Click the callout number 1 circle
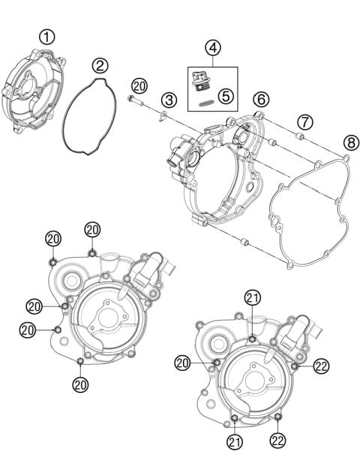click(48, 35)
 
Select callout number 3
click(170, 98)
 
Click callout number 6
click(260, 98)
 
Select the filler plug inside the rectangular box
click(200, 80)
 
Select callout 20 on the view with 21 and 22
click(181, 363)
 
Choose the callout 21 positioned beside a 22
click(235, 442)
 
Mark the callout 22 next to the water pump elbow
click(322, 366)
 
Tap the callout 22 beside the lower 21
click(279, 442)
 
